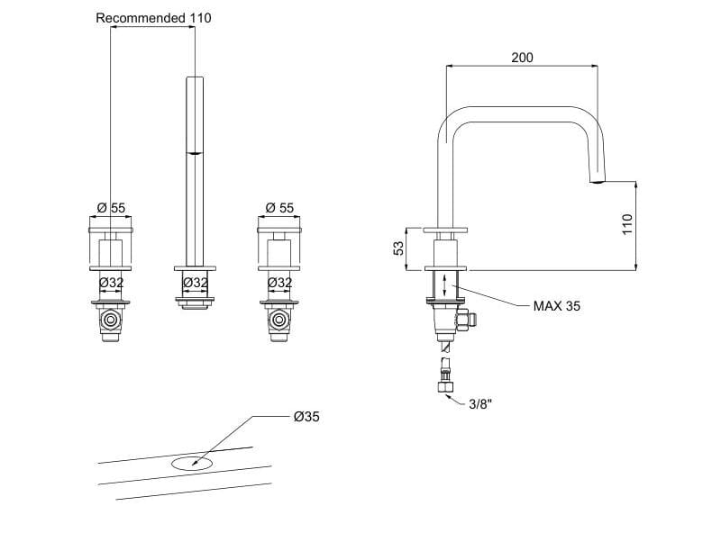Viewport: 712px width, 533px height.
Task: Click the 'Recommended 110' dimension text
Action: click(153, 18)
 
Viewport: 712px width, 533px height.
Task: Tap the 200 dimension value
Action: click(522, 58)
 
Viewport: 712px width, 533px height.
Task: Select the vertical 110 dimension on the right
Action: click(628, 224)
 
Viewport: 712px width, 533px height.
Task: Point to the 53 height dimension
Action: click(398, 248)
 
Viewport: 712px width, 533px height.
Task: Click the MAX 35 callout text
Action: click(557, 306)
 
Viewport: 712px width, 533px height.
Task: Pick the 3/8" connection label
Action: click(480, 404)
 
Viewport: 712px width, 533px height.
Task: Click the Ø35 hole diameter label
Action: click(306, 417)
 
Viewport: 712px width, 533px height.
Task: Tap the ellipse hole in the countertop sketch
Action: click(190, 464)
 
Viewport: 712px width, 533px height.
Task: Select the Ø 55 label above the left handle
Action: click(111, 208)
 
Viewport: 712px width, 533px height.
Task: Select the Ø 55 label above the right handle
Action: click(279, 208)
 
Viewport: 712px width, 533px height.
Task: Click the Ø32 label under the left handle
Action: click(111, 283)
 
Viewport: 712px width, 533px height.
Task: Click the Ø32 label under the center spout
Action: click(196, 283)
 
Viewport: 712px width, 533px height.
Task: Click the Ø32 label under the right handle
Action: click(279, 283)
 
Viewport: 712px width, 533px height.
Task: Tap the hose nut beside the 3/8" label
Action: click(445, 388)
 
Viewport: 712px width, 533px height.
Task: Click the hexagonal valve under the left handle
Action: click(111, 320)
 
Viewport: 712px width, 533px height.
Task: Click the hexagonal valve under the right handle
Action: click(279, 320)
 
